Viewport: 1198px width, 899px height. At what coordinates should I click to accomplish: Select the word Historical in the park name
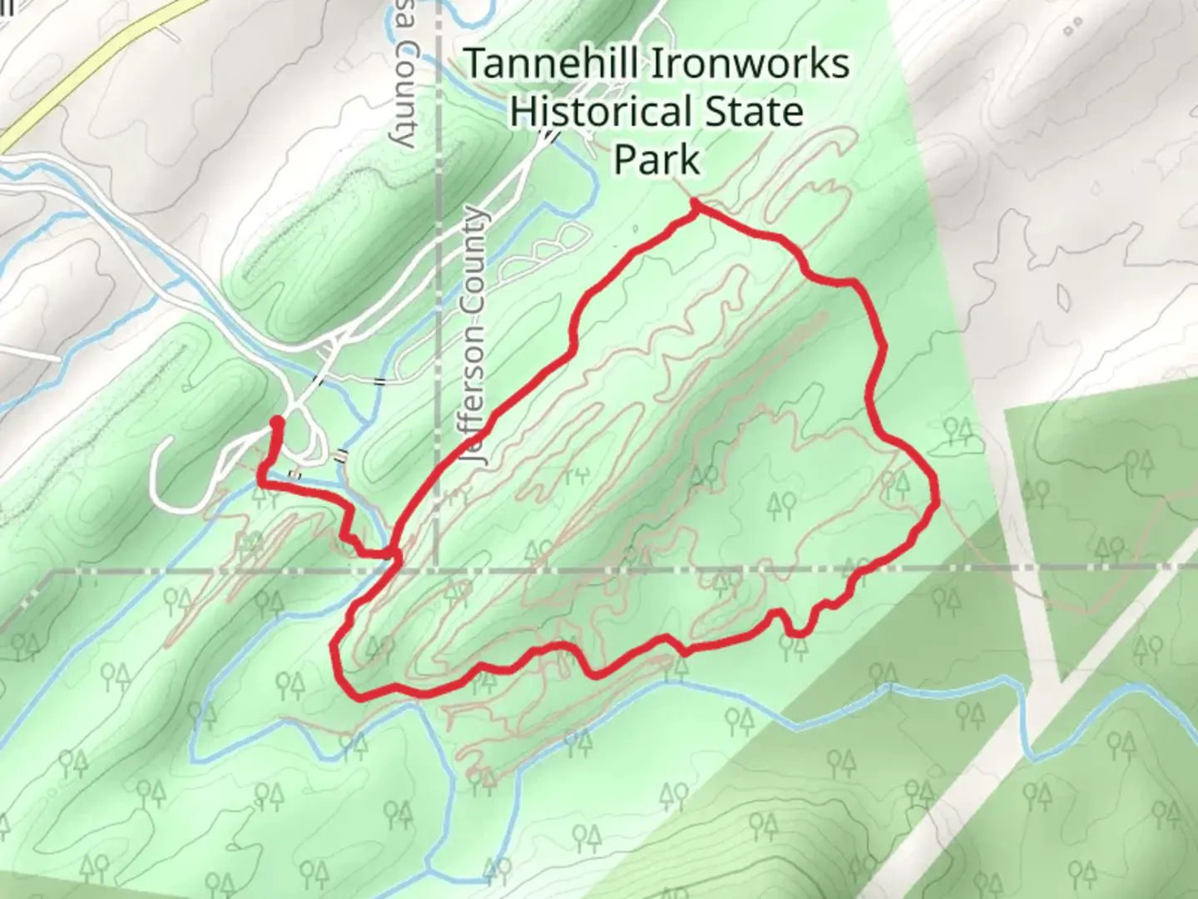pyautogui.click(x=597, y=112)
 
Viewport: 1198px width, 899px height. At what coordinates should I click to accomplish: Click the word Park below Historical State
pyautogui.click(x=656, y=160)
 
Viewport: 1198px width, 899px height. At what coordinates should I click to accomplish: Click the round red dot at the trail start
pyautogui.click(x=277, y=425)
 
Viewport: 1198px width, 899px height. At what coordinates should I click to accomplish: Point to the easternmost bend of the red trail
pyautogui.click(x=936, y=499)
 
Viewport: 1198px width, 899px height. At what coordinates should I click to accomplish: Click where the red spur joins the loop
pyautogui.click(x=393, y=552)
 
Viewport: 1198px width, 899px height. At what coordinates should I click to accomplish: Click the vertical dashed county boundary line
pyautogui.click(x=438, y=250)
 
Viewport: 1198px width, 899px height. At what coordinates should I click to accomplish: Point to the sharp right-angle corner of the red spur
pyautogui.click(x=262, y=482)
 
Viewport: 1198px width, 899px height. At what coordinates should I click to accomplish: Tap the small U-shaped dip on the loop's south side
pyautogui.click(x=796, y=630)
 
